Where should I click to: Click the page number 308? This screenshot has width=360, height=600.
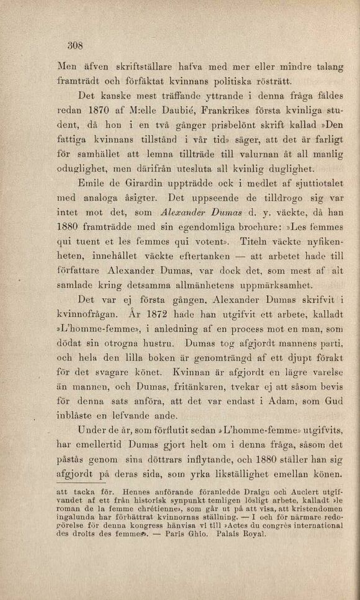(x=74, y=45)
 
